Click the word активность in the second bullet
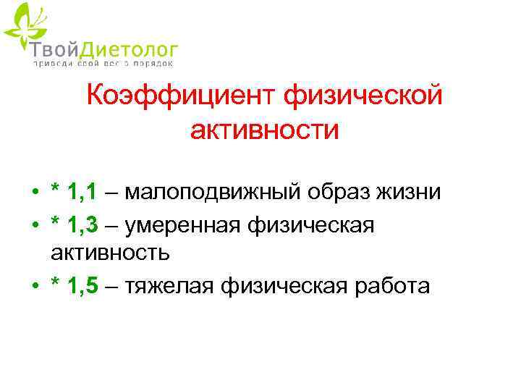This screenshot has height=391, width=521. point(110,253)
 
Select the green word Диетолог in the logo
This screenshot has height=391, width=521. point(126,49)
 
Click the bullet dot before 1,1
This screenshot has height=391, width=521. point(35,193)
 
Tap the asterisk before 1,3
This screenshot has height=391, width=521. point(56,224)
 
